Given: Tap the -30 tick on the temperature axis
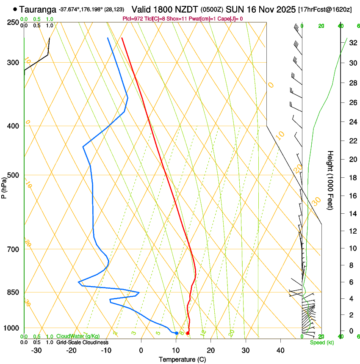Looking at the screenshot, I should pos(36,350).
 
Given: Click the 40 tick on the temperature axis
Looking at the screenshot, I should pos(280,350).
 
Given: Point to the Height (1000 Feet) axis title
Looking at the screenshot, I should pos(331,180).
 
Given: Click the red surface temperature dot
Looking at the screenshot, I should pos(188,334).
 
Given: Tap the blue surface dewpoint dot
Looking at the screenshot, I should pos(177,334).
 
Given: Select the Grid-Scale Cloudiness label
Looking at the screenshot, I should pos(83,342).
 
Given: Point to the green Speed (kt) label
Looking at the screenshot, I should pos(322,342).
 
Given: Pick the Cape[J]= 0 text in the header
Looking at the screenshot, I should pos(231,19).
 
